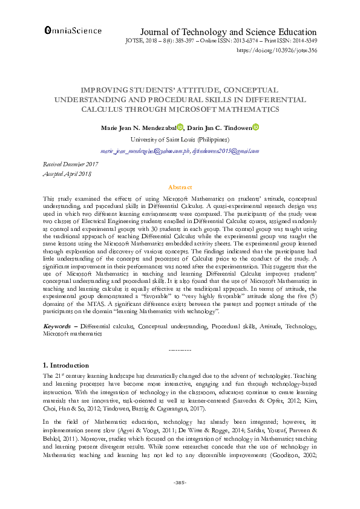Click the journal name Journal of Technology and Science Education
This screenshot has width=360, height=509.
click(x=228, y=32)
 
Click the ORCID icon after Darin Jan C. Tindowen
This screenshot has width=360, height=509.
click(x=256, y=127)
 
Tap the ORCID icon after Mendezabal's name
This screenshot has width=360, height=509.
click(x=180, y=127)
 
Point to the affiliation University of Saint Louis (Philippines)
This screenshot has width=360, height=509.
click(x=179, y=139)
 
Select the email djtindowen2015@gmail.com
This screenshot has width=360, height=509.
click(x=226, y=151)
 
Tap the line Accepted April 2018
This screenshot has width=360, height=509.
click(x=67, y=173)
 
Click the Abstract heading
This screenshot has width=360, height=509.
click(x=180, y=187)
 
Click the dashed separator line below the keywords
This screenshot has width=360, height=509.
click(x=180, y=351)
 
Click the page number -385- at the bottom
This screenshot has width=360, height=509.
click(x=180, y=482)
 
